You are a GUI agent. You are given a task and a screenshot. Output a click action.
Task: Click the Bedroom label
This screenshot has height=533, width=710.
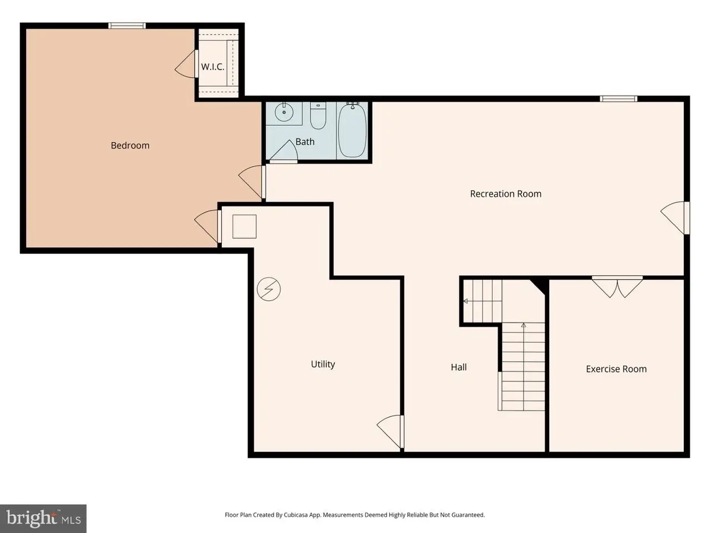click(130, 145)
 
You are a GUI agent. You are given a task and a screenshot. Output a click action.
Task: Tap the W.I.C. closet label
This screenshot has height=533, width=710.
click(212, 67)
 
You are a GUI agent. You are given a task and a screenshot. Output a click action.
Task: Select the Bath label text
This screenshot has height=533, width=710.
click(305, 142)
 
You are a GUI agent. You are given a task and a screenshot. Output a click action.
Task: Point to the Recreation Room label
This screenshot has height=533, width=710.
click(505, 194)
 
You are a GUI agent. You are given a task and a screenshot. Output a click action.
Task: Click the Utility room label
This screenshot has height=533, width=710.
click(323, 364)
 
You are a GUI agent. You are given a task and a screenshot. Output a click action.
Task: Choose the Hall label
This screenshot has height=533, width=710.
click(459, 367)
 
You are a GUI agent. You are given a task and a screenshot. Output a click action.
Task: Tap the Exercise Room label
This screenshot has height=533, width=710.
click(616, 369)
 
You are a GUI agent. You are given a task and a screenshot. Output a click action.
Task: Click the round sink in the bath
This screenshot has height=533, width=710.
click(284, 112)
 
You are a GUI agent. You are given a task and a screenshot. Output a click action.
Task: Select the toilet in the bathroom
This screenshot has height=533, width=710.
click(318, 115)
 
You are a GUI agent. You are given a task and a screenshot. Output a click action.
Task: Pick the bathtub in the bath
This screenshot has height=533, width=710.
click(352, 130)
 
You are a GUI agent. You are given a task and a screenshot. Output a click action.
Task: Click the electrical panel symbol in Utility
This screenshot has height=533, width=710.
click(268, 289)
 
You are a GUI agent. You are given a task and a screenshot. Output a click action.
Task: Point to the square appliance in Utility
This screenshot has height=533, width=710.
click(244, 227)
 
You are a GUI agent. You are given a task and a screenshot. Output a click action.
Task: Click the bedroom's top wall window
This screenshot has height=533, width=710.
click(127, 26)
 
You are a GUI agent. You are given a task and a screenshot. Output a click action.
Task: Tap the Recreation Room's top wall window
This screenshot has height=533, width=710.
click(618, 99)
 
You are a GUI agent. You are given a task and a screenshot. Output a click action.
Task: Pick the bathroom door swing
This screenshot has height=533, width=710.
click(283, 152)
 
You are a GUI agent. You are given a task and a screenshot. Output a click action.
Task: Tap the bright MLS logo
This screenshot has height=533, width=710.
click(43, 520)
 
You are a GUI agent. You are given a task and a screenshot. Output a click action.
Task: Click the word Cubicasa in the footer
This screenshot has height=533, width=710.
click(296, 515)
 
